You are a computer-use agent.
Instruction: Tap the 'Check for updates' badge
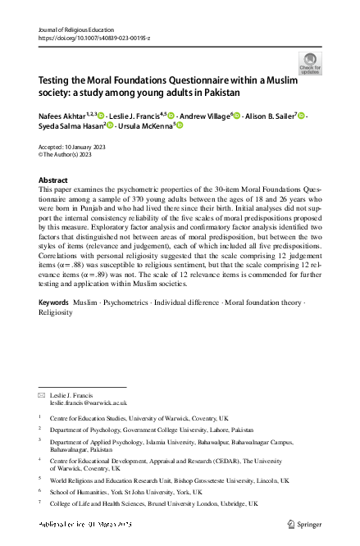(x=310, y=64)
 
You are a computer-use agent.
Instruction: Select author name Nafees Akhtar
(x=63, y=116)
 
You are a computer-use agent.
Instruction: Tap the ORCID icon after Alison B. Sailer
(x=302, y=116)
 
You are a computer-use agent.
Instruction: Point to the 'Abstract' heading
(x=54, y=180)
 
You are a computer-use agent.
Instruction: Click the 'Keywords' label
(x=54, y=303)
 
